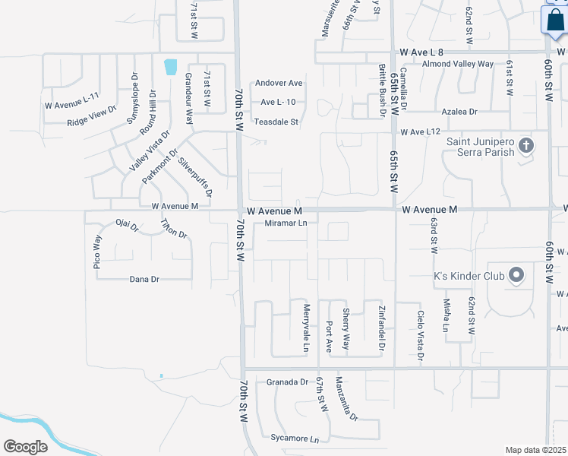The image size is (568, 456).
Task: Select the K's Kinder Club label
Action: (469, 275)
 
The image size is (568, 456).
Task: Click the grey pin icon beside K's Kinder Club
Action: (516, 275)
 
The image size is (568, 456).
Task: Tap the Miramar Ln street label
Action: (286, 223)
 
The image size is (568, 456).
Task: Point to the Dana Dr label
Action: (144, 279)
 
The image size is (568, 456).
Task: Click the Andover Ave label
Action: (279, 83)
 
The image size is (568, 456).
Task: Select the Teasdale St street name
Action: (276, 122)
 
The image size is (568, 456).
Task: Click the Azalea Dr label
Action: (462, 111)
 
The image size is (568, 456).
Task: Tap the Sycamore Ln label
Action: (295, 439)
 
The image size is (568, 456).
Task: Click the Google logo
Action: (26, 446)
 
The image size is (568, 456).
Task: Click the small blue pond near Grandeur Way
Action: (170, 66)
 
